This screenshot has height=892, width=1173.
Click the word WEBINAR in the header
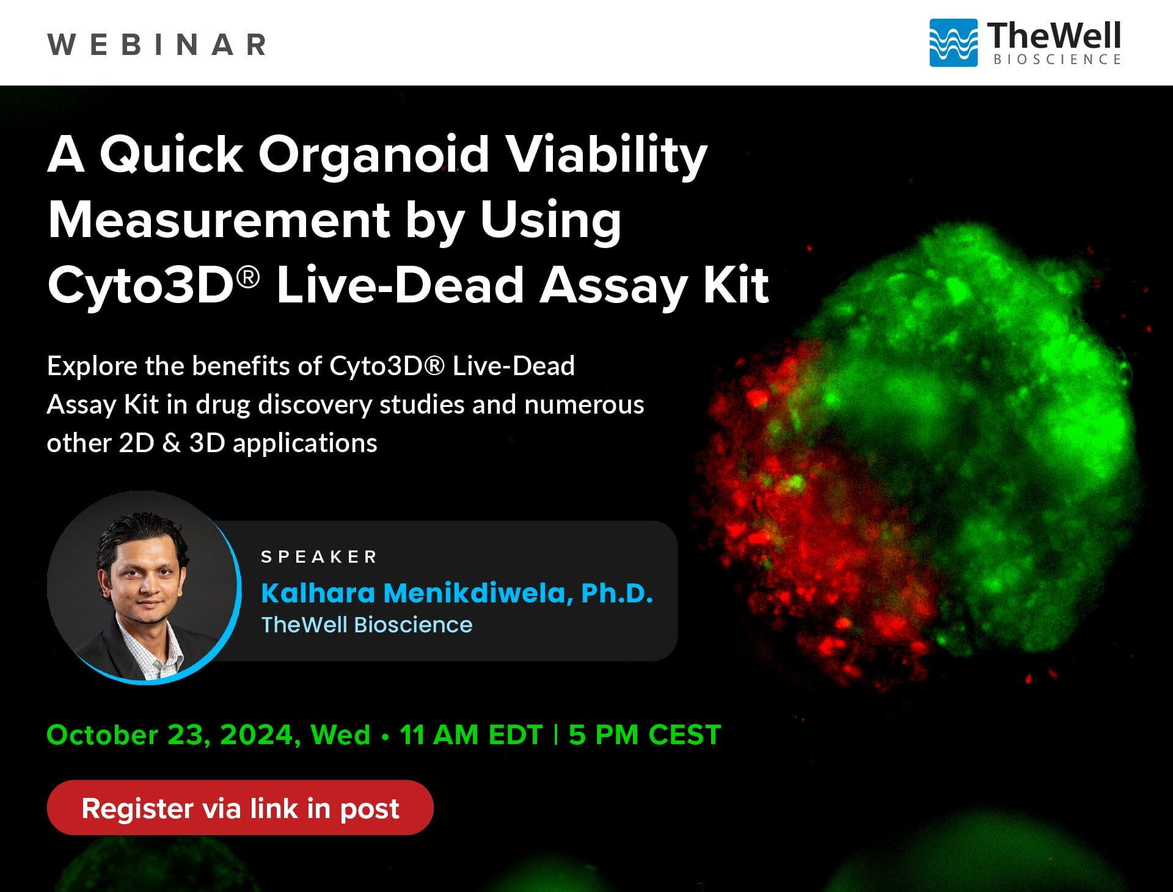[157, 45]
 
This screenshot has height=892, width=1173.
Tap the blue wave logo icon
[952, 43]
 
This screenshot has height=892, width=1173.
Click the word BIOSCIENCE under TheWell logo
[1057, 60]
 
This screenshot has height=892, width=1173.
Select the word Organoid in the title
[373, 154]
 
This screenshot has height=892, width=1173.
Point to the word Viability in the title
[607, 154]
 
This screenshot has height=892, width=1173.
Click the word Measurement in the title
[219, 220]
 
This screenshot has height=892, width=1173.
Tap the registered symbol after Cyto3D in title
[248, 277]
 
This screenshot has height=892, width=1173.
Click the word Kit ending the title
[736, 285]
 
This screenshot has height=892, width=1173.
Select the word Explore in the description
[92, 367]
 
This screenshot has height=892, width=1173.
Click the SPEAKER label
[319, 557]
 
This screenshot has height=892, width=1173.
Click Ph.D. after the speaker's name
[616, 593]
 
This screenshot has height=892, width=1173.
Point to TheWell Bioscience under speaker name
[367, 625]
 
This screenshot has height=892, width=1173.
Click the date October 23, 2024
[174, 735]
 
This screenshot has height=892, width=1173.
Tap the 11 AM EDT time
[470, 735]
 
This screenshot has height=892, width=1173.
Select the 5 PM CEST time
[645, 735]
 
